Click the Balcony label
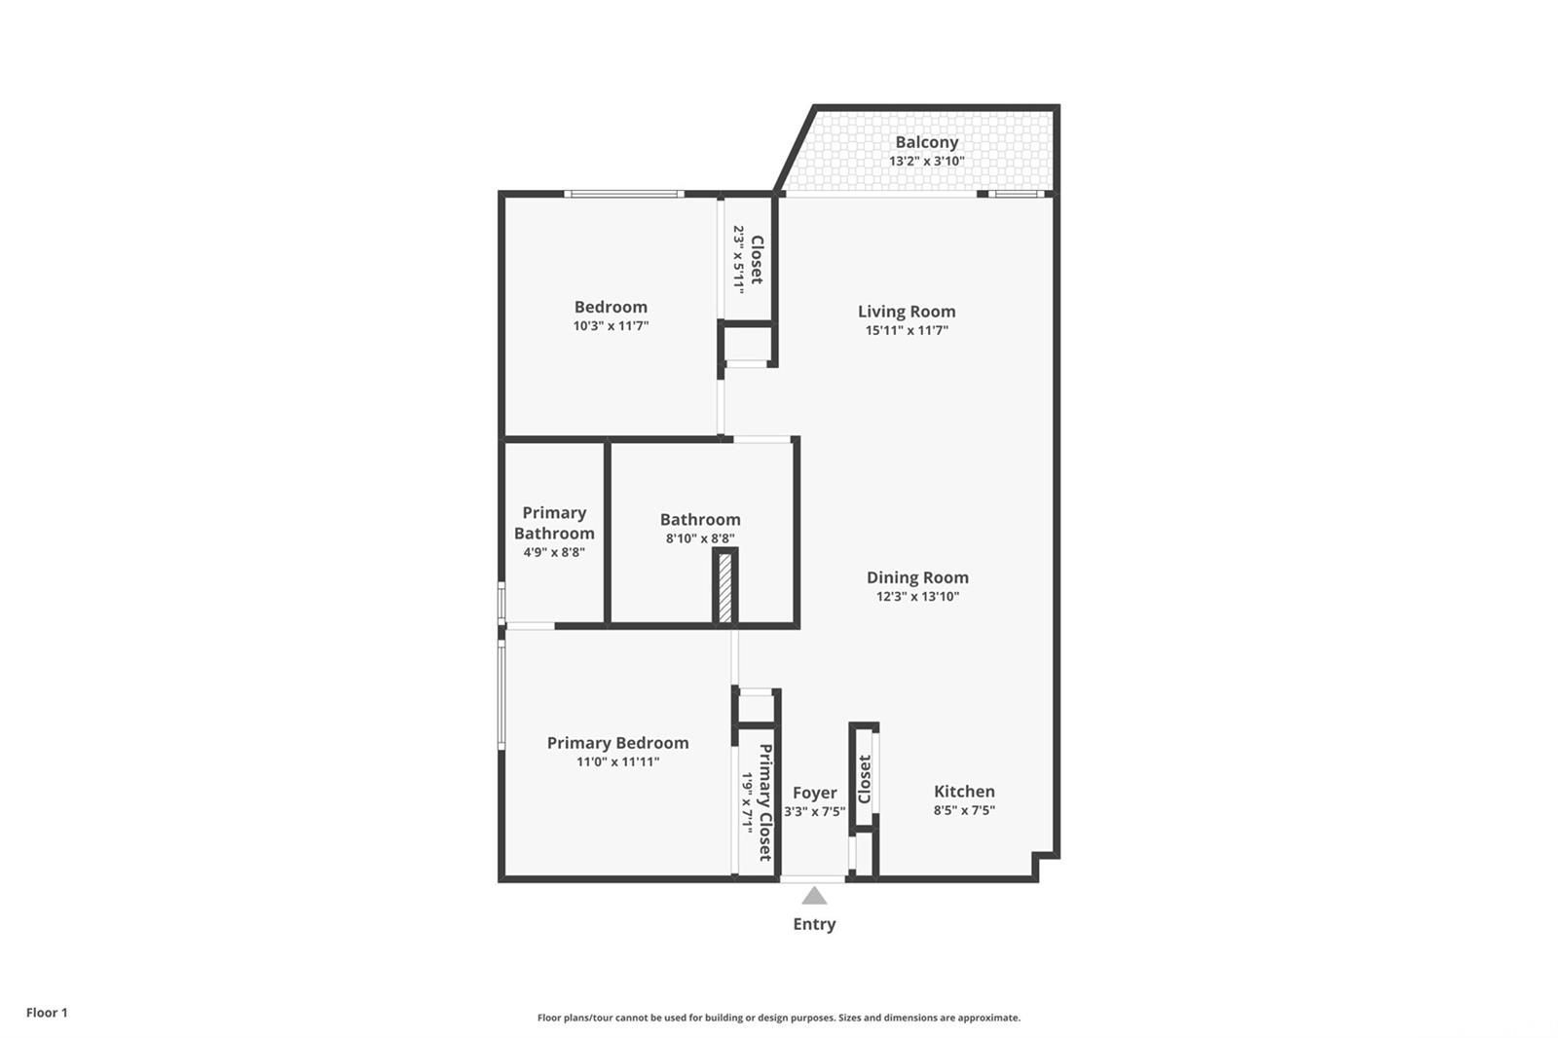tap(926, 142)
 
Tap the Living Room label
tap(906, 312)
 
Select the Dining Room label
tap(917, 577)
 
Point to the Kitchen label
tap(964, 792)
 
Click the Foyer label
tap(814, 793)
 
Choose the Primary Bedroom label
tap(617, 743)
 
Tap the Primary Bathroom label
tap(554, 523)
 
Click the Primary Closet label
tap(765, 802)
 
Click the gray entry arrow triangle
tap(814, 896)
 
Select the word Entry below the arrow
tap(814, 924)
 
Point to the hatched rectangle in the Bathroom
tap(724, 586)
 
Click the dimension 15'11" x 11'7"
tap(906, 331)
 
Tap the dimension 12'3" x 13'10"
tap(917, 597)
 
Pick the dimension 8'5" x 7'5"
tap(964, 810)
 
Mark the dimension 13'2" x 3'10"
tap(926, 162)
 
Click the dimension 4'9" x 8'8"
tap(554, 552)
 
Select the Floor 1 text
tap(47, 1013)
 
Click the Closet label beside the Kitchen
tap(865, 779)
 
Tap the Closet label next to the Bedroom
tap(757, 260)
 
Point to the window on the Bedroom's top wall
tap(624, 195)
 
